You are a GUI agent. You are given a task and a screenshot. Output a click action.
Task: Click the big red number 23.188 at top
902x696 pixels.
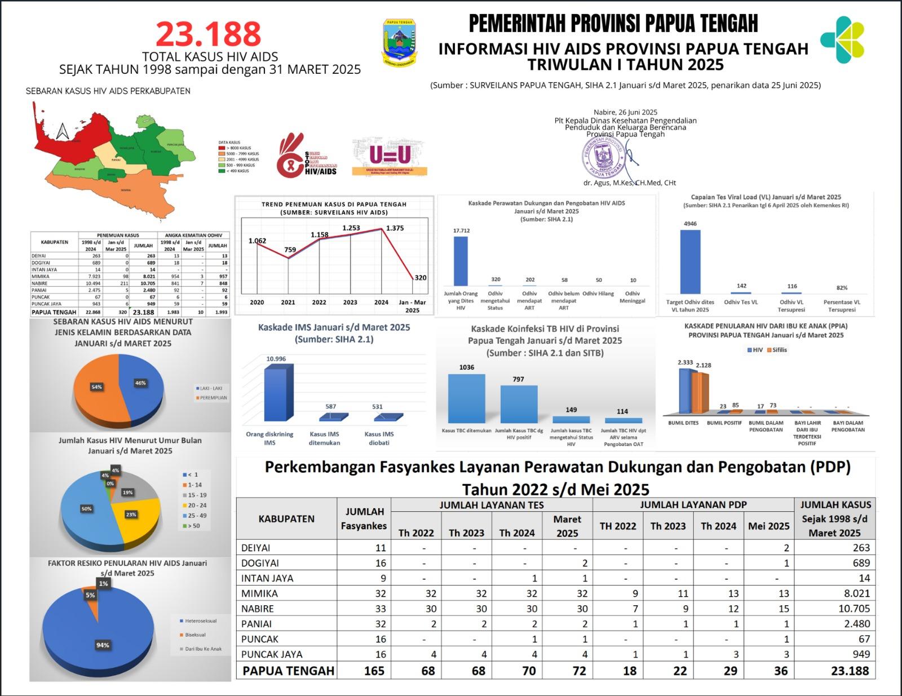209,34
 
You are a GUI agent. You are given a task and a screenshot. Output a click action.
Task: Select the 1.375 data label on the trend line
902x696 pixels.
395,228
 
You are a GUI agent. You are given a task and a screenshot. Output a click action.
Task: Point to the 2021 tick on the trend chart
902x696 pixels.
288,302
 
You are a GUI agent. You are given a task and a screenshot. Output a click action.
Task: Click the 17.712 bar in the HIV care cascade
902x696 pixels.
461,261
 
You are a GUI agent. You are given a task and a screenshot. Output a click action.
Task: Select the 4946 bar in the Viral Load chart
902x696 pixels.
690,261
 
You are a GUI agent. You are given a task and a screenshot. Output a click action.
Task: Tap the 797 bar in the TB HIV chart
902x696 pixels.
519,404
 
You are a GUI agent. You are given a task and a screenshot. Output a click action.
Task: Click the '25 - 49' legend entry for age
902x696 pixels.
197,516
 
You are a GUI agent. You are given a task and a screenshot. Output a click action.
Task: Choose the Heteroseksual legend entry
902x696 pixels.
200,621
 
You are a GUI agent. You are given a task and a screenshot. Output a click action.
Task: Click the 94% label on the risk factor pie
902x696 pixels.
103,645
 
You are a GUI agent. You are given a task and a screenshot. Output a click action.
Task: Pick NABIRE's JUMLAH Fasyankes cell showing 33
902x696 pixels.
381,609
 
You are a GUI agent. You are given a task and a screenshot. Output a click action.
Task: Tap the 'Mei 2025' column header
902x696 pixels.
768,526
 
